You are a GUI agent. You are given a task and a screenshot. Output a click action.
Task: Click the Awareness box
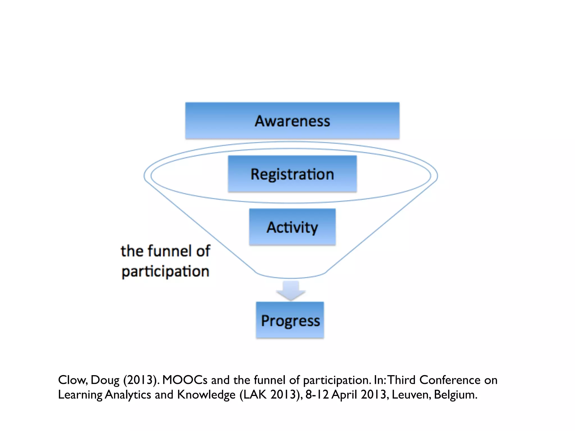(292, 121)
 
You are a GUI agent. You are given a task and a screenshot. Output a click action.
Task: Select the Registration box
(292, 174)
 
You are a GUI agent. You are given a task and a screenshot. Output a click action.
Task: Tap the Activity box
(292, 227)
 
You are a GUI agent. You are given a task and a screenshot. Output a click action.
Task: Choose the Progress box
(290, 320)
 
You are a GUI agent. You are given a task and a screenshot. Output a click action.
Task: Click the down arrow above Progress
(291, 290)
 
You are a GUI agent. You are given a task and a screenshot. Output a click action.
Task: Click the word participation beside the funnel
(165, 272)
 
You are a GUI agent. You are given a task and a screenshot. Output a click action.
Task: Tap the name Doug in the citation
(105, 380)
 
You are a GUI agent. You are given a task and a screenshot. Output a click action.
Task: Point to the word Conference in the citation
(450, 380)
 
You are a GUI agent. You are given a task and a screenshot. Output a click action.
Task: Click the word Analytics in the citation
(128, 395)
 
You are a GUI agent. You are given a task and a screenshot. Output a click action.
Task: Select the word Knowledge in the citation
(206, 395)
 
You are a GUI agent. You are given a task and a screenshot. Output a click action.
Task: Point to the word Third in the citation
(402, 380)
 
